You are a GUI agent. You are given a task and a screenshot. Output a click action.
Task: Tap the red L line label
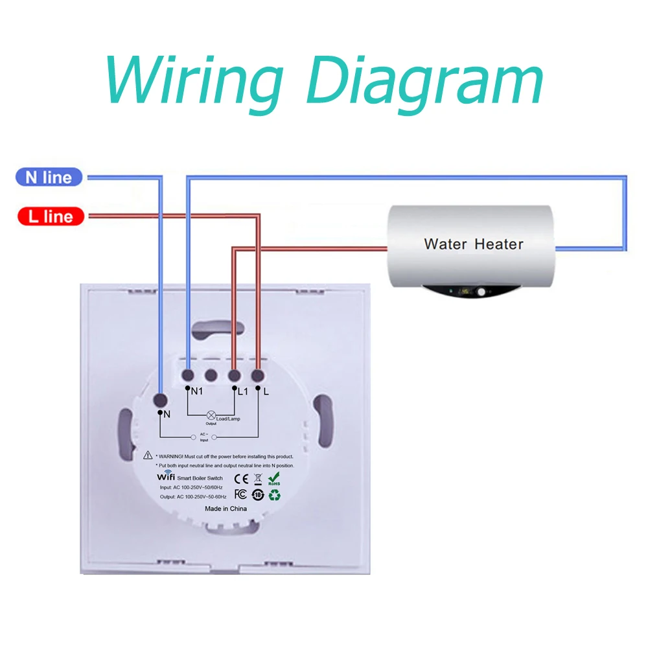pos(51,216)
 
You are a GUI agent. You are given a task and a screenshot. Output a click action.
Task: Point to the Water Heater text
pos(474,244)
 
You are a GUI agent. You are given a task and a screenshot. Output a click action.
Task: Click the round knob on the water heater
pos(482,293)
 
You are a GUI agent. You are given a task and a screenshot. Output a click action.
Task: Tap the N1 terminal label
pos(197,391)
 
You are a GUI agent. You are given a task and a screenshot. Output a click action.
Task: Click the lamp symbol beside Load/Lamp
pos(211,414)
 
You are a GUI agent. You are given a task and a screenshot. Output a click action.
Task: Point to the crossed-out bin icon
pos(257,480)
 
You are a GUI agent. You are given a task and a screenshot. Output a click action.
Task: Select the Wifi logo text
pos(167,477)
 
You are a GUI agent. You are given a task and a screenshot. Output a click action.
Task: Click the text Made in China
pos(226,509)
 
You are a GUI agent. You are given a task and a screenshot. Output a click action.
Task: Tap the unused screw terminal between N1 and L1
pos(211,375)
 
